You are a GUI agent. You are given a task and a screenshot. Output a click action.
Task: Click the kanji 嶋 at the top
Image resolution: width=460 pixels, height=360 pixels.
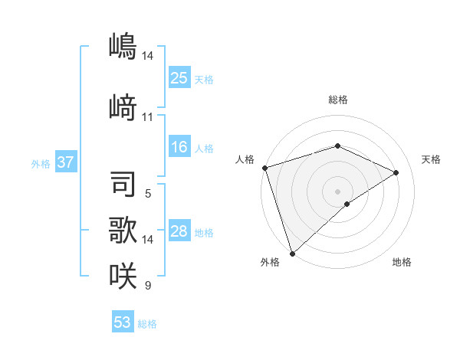123,47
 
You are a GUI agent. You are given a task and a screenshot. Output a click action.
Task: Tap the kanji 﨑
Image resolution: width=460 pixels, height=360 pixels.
123,106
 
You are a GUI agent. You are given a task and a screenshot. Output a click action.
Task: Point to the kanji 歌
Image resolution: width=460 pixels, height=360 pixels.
123,231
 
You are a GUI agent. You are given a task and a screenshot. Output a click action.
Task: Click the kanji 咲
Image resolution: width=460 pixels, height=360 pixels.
123,276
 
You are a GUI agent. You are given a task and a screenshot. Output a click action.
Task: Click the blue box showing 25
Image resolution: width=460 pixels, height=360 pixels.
179,77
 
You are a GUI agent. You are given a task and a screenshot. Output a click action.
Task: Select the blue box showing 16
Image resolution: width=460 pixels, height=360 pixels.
179,147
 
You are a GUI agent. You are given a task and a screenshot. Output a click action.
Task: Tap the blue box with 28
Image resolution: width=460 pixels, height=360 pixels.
179,231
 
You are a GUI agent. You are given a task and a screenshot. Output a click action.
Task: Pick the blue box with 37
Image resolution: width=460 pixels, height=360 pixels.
65,162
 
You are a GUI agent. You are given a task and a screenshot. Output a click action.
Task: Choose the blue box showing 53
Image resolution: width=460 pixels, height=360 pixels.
123,322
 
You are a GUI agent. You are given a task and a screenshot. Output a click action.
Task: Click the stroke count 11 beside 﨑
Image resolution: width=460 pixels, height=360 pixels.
147,117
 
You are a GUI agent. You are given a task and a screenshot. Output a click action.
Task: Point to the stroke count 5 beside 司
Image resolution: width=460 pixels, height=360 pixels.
147,194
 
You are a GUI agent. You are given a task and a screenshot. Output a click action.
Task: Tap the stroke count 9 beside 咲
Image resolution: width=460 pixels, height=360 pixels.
147,286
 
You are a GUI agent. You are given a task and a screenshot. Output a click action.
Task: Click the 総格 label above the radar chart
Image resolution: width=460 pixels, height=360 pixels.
337,100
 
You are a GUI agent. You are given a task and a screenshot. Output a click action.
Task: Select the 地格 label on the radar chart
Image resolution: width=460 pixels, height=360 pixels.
402,262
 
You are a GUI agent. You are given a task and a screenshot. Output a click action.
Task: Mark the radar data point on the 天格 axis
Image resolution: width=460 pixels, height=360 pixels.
396,172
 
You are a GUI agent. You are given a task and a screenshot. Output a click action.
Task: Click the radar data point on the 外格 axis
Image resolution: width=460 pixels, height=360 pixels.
292,253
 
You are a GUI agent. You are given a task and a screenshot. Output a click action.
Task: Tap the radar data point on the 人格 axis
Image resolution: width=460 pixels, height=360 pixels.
264,168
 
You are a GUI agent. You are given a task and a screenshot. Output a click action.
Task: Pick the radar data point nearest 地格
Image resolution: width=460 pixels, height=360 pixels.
347,204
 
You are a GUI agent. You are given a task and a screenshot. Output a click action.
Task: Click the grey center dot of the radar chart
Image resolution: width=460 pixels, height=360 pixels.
337,191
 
